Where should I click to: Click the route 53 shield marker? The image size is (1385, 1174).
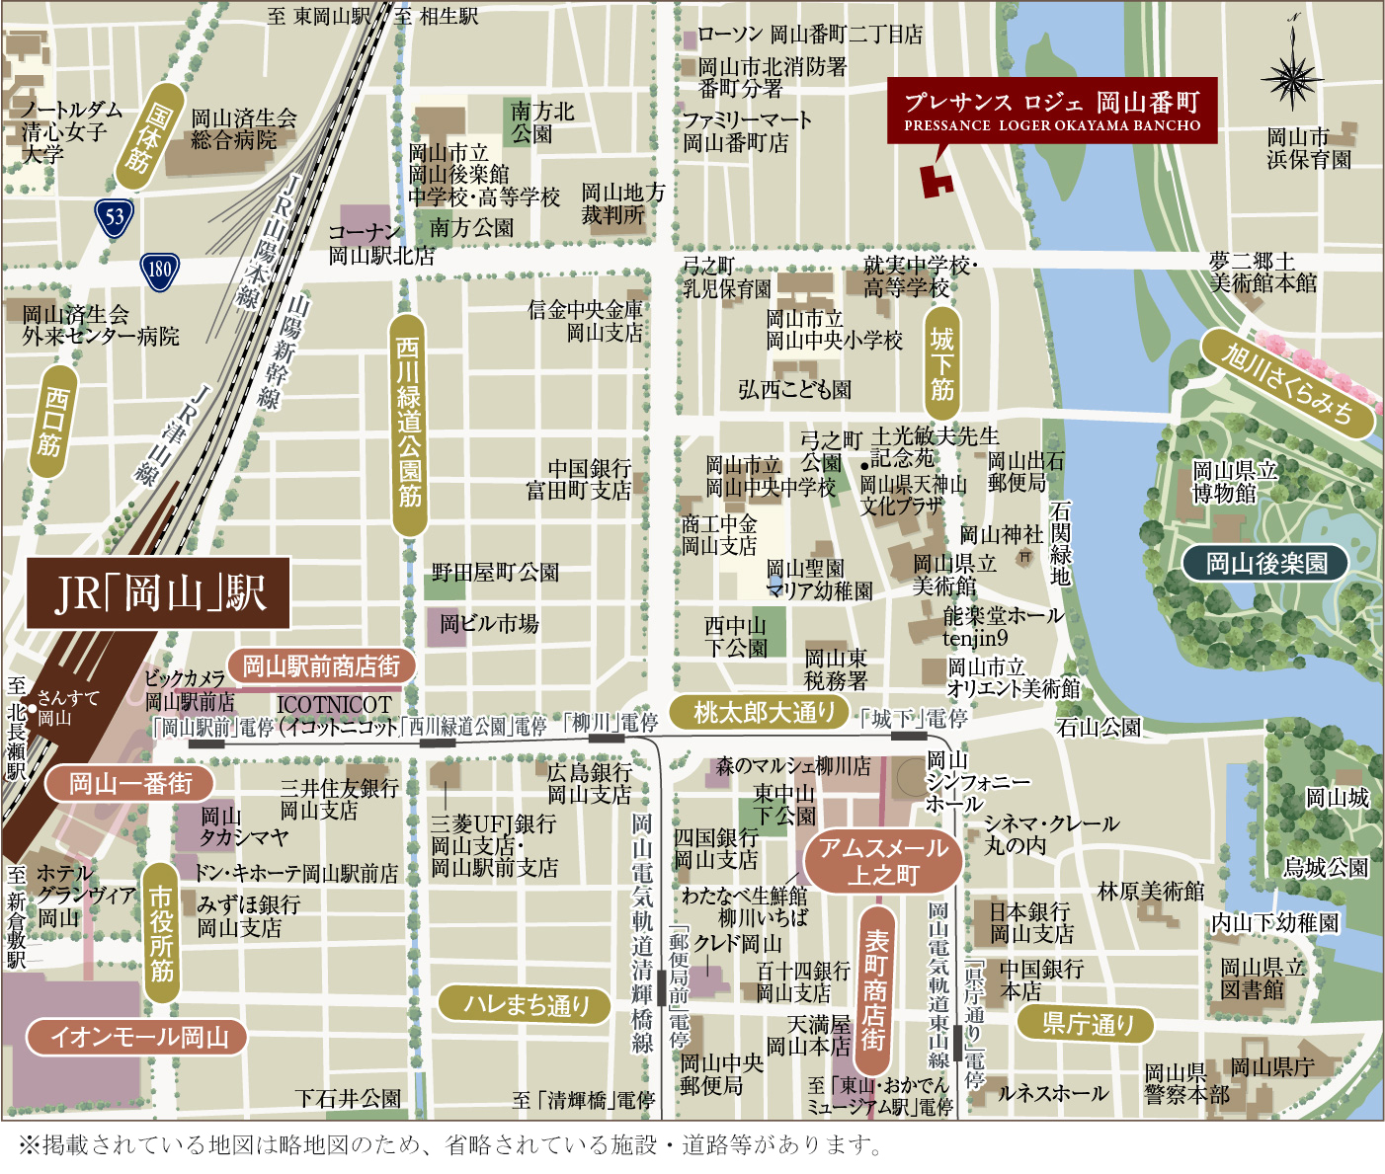[115, 216]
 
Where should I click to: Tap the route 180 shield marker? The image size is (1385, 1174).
[159, 270]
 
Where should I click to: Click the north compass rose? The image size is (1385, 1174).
[1292, 75]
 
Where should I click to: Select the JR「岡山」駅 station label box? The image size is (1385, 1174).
[158, 592]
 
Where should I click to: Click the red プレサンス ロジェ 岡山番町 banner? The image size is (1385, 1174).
[1051, 111]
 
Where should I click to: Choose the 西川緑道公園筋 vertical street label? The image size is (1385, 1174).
[408, 425]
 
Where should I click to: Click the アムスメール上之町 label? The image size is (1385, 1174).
[882, 861]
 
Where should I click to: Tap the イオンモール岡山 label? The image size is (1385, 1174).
[134, 1037]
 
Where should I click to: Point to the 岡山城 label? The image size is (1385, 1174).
[1337, 798]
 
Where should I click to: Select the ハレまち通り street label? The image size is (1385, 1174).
[526, 1004]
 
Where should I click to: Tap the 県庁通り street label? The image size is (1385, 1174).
[1087, 1024]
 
